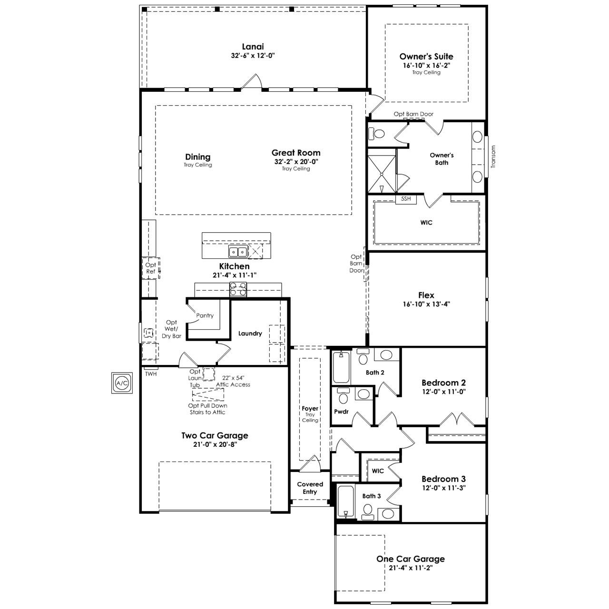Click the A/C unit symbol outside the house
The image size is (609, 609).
click(122, 383)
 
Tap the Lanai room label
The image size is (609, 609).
click(253, 47)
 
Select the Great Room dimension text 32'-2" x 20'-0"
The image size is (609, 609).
click(296, 161)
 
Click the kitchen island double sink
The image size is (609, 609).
click(238, 252)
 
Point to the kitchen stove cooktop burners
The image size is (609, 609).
click(238, 289)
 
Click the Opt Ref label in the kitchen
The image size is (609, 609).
click(151, 268)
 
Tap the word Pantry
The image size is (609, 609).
click(205, 315)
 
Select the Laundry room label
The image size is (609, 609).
click(250, 334)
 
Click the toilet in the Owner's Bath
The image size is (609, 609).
click(376, 134)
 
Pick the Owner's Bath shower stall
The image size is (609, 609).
click(382, 170)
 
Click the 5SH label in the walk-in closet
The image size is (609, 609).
click(406, 199)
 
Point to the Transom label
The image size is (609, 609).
click(493, 157)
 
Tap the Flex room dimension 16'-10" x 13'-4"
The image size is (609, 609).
click(426, 304)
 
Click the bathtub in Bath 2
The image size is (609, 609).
click(341, 367)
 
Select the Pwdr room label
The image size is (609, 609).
click(341, 412)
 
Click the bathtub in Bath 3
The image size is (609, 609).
click(346, 501)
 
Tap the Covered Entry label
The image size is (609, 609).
click(310, 488)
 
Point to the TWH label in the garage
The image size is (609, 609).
click(151, 374)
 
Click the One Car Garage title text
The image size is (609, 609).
click(411, 559)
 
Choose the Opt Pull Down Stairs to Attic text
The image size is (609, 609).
click(207, 409)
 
